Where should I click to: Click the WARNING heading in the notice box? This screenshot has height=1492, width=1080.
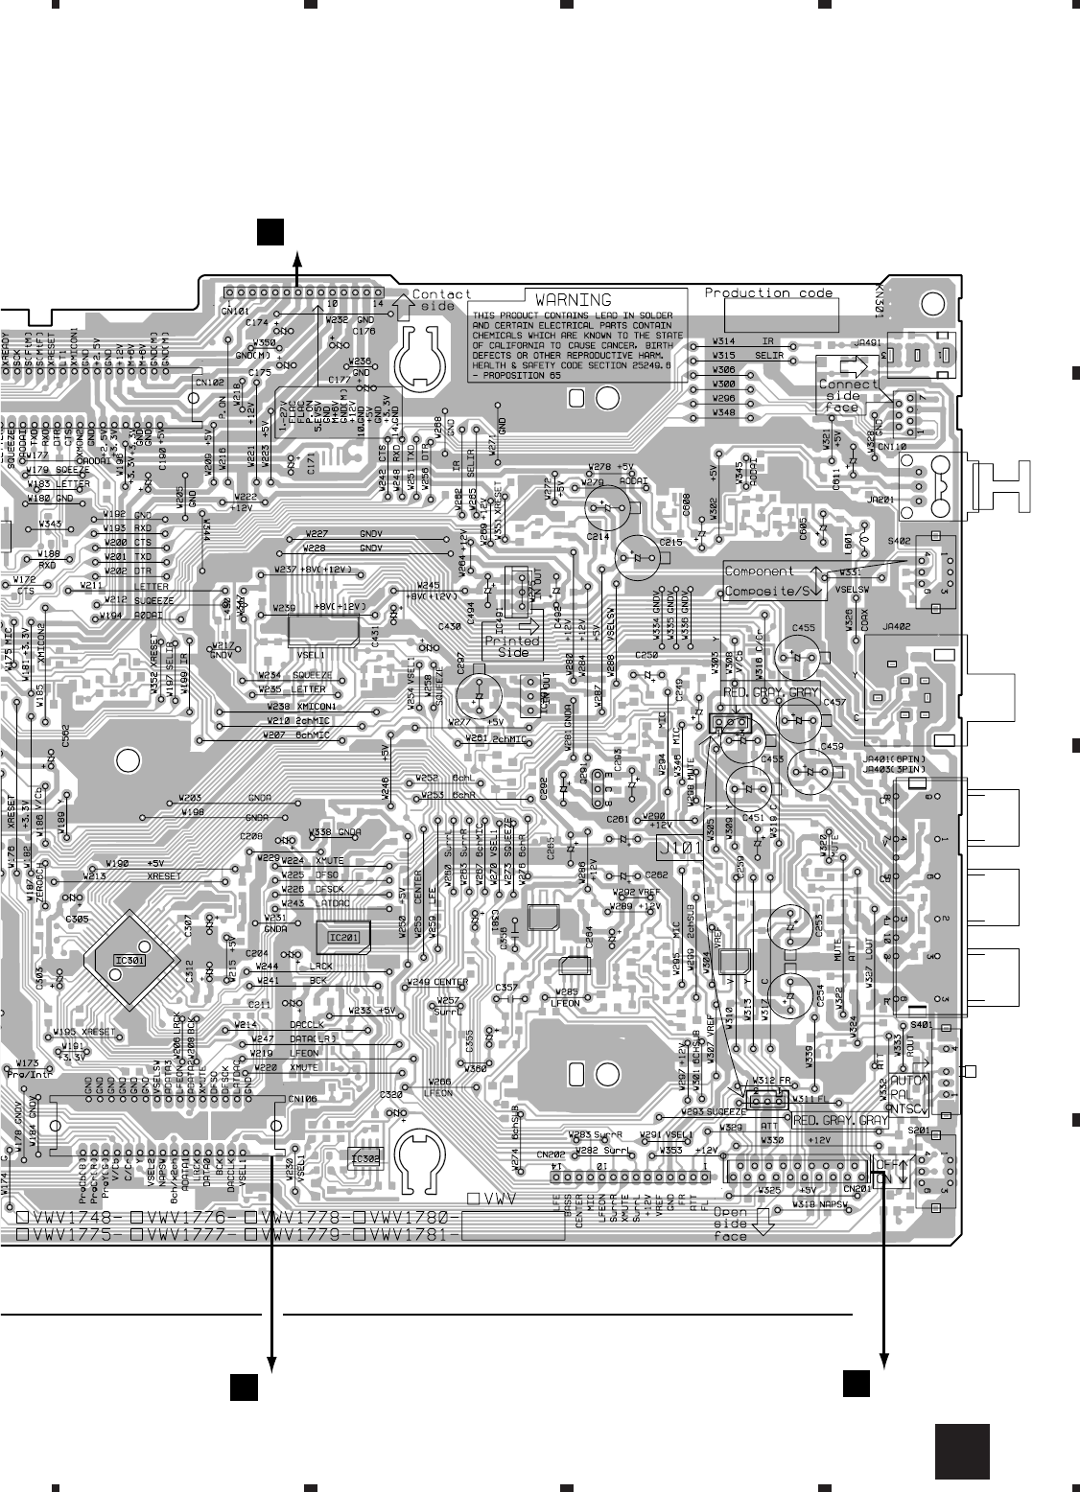coord(573,300)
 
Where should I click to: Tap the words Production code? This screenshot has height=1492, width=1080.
coord(768,292)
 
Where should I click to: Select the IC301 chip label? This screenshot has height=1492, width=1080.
coord(129,960)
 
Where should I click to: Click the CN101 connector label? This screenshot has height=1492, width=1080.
coord(235,310)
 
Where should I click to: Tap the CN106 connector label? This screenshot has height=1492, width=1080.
coord(301,1099)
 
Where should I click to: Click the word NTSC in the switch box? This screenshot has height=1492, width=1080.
coord(909,1108)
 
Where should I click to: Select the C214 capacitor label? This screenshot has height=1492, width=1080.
coord(598,536)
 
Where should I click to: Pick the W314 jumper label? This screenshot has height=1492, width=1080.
coord(724,341)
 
